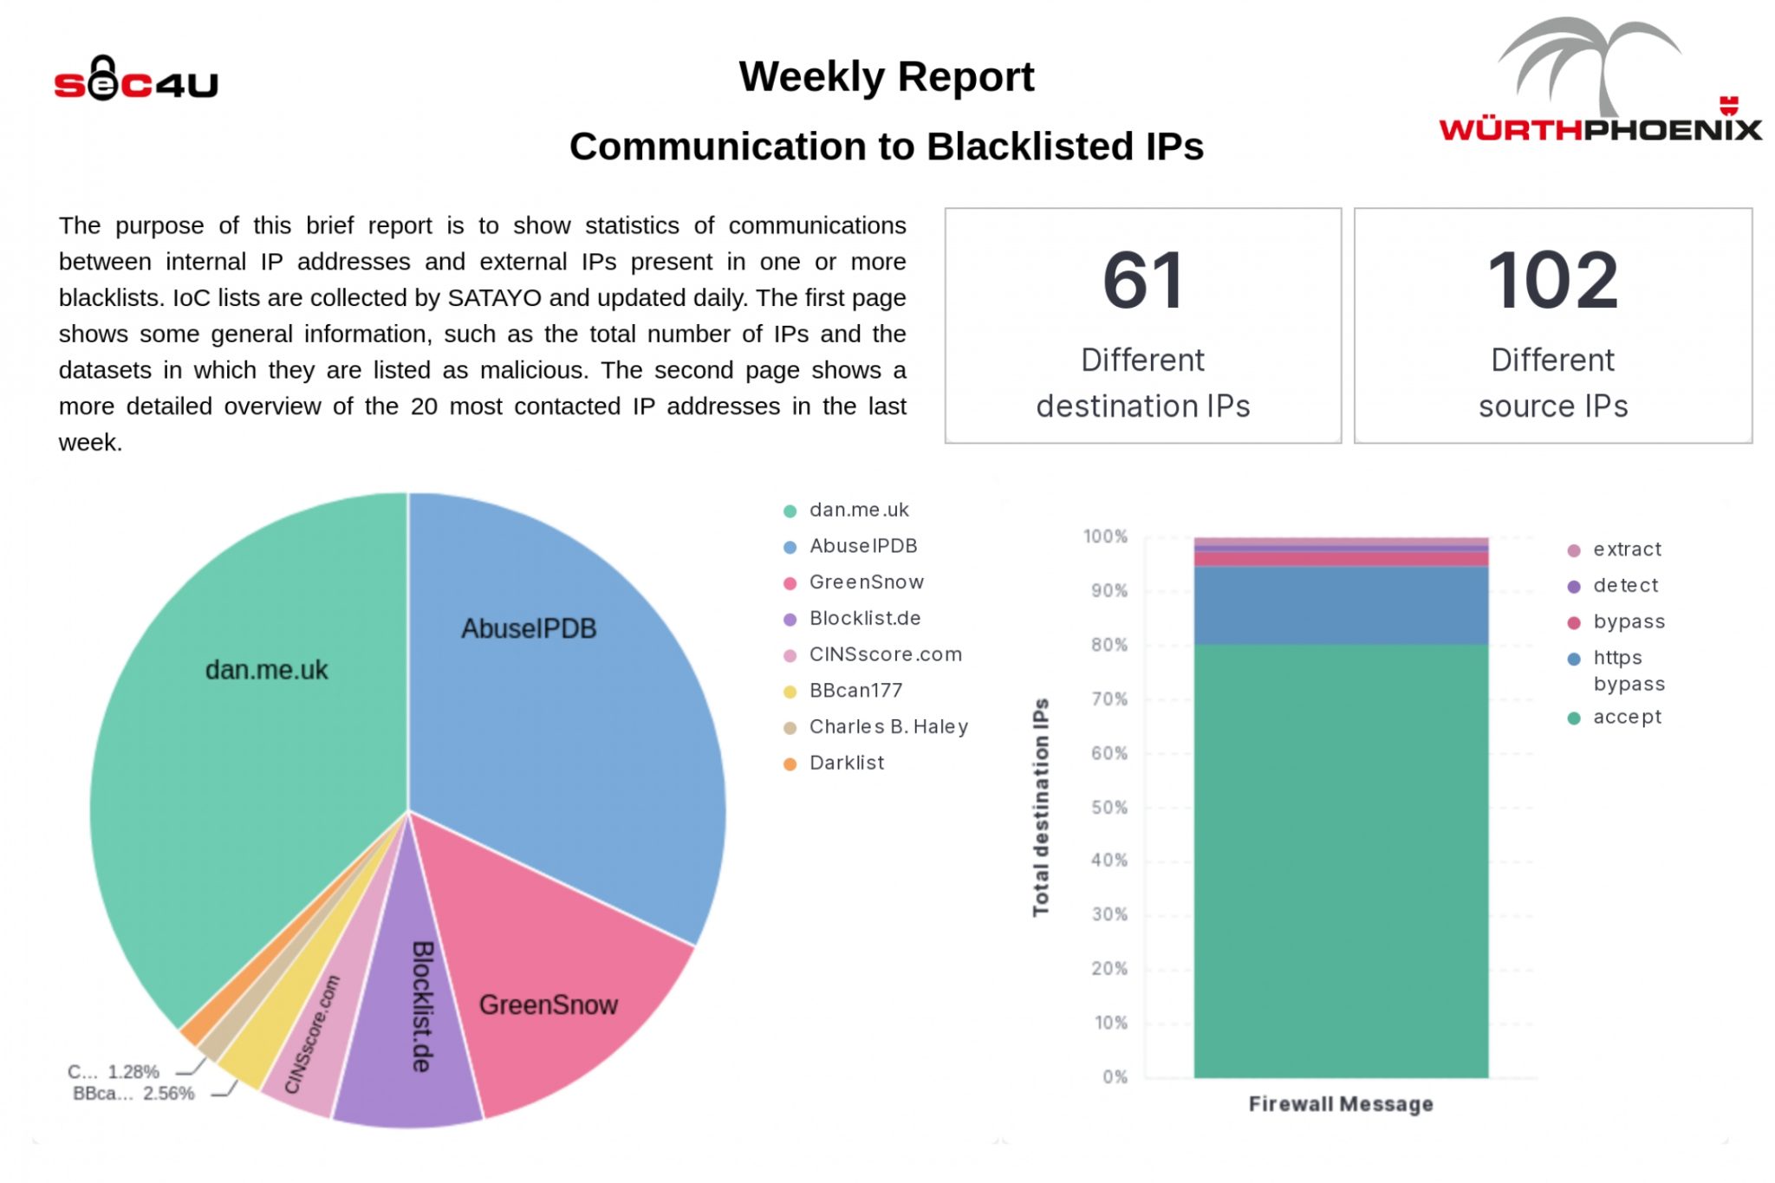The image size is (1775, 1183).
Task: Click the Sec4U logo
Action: point(136,80)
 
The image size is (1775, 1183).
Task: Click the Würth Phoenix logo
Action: point(1599,82)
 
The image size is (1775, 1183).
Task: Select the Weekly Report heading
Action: point(886,76)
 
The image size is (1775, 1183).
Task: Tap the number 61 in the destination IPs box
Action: point(1142,281)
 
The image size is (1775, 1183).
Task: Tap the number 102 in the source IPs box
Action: point(1552,281)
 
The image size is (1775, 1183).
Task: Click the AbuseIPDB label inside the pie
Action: point(529,628)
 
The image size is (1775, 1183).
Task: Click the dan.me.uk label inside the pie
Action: point(266,670)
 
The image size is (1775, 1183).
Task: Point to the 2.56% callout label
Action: point(134,1094)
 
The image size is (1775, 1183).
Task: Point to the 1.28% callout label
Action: point(114,1072)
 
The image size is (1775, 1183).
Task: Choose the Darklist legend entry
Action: point(846,763)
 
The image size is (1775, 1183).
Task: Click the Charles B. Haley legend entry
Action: point(887,726)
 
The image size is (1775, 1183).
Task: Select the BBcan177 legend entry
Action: point(855,691)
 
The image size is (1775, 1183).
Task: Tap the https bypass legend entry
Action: point(1628,670)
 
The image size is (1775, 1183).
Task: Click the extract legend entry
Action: point(1626,549)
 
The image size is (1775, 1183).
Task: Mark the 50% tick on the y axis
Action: point(1109,808)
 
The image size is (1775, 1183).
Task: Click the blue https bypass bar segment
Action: point(1340,605)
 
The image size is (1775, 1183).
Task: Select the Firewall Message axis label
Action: point(1340,1104)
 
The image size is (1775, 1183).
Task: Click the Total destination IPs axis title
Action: point(1041,807)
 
